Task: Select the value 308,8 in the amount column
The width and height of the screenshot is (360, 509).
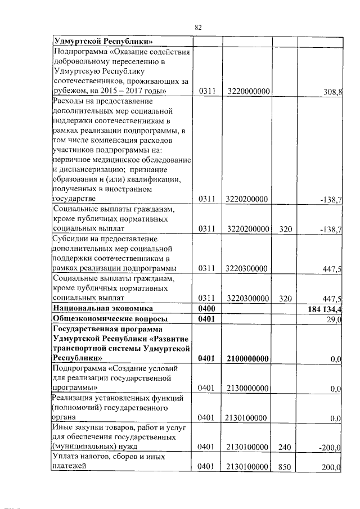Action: [x=331, y=92]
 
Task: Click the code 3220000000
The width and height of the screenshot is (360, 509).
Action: [x=247, y=92]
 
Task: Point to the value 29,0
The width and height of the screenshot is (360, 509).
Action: [x=334, y=319]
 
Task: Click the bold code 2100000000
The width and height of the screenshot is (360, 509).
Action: [x=247, y=358]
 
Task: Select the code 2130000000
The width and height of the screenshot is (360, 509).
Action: [x=247, y=388]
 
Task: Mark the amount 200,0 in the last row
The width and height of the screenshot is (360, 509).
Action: [x=331, y=467]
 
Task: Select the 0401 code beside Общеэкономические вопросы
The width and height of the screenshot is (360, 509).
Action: [x=207, y=319]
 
